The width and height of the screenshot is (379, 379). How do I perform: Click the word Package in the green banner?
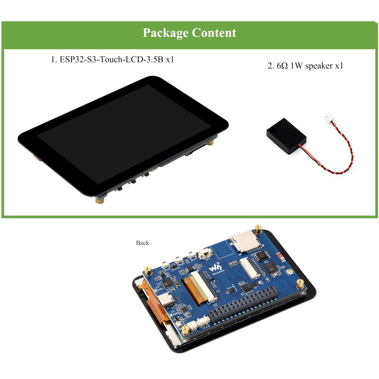(165, 33)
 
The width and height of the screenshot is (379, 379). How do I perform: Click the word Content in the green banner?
(214, 33)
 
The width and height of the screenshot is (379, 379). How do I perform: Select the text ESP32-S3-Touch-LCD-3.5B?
(107, 60)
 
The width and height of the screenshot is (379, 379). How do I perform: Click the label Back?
(142, 243)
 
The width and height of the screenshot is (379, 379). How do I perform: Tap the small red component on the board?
(281, 257)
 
